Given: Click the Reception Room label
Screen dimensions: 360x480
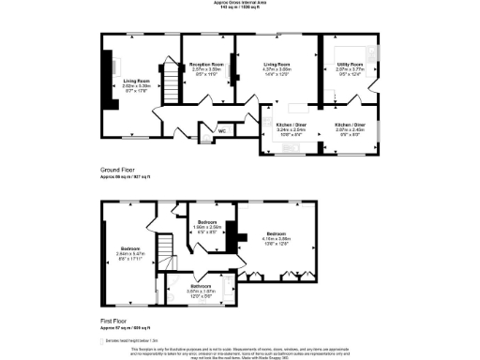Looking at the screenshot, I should pos(204,65).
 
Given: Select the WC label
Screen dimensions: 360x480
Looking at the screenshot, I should pos(221,130).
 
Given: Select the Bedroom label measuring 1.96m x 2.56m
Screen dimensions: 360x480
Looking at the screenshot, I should pos(208,223).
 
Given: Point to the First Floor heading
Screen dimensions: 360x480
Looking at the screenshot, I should pos(114,322).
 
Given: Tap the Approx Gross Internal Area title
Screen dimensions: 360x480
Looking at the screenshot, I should pos(239,5).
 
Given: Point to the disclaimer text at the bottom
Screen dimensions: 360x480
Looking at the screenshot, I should pos(239,351).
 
